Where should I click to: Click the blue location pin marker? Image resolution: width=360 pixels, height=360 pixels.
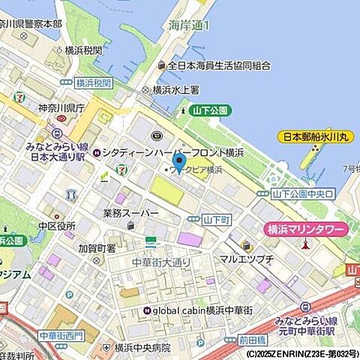point(178,162)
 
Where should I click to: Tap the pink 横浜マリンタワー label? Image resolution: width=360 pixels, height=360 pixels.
point(307,230)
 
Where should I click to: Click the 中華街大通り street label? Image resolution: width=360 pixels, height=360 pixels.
point(161,262)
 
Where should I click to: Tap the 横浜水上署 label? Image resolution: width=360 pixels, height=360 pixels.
point(175,89)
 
